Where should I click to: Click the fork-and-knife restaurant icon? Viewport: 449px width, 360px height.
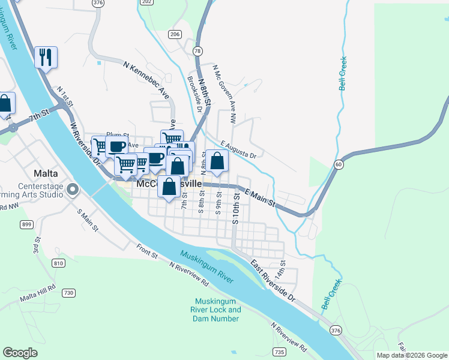[x=46, y=58]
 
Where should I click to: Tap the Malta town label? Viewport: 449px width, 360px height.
[x=46, y=173]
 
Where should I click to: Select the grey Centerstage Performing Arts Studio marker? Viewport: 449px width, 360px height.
[x=73, y=190]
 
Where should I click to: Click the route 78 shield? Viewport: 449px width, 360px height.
[x=197, y=51]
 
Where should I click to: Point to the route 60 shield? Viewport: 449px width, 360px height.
[x=339, y=164]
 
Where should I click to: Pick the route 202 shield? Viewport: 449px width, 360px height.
[x=147, y=2]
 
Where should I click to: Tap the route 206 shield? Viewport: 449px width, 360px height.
[x=175, y=34]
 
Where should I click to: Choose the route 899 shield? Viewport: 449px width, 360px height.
[x=26, y=224]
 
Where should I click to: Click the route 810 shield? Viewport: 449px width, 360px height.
[x=58, y=263]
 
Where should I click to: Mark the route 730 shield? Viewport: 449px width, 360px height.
[x=68, y=293]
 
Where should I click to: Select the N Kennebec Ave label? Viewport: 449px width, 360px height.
[x=146, y=78]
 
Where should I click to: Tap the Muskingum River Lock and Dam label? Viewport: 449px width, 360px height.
[x=217, y=310]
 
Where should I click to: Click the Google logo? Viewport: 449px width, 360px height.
[x=20, y=353]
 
